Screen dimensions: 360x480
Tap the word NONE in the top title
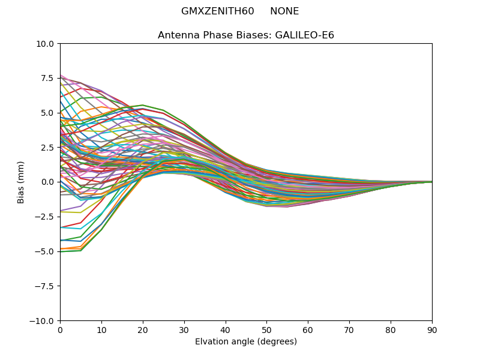[x=284, y=11]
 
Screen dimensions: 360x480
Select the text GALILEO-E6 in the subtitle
[x=305, y=35]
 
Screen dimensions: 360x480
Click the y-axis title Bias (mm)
[x=21, y=182]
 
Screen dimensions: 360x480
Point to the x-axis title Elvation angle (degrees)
[x=246, y=342]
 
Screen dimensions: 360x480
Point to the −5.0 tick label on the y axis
[x=45, y=251]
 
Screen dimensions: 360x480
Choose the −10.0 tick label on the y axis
[x=43, y=321]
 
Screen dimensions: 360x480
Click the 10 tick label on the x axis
[x=101, y=329]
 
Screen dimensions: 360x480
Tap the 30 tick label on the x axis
[x=184, y=329]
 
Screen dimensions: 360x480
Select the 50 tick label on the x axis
[x=266, y=329]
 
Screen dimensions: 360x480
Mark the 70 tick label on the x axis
[x=349, y=329]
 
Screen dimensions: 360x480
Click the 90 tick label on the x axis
[x=432, y=329]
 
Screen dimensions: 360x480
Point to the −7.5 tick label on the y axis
[x=45, y=286]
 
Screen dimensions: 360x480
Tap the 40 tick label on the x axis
[x=226, y=329]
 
